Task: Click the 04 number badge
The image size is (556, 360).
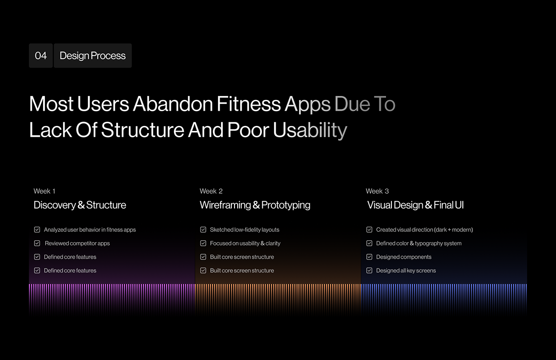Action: [41, 56]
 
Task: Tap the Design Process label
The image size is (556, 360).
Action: [92, 56]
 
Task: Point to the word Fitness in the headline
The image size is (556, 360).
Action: [249, 104]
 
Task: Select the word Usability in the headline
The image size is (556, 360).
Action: [310, 130]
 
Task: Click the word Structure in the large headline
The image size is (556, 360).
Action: [143, 130]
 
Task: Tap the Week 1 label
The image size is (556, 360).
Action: [44, 191]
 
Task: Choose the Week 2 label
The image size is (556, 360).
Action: [211, 191]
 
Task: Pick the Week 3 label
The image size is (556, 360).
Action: [377, 191]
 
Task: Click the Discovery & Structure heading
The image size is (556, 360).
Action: [80, 205]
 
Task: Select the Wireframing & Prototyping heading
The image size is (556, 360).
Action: [255, 205]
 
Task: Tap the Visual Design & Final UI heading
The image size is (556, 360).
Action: [415, 205]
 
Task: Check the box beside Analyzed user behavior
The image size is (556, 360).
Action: [37, 230]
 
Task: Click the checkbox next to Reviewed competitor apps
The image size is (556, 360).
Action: [37, 243]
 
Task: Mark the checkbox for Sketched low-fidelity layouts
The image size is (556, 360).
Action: [203, 230]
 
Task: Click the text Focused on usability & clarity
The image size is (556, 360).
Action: [245, 243]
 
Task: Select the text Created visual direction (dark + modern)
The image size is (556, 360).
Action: [424, 230]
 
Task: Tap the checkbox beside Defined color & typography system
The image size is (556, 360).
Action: [369, 243]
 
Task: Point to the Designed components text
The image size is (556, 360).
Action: [404, 257]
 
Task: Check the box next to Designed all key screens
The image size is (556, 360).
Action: [369, 270]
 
